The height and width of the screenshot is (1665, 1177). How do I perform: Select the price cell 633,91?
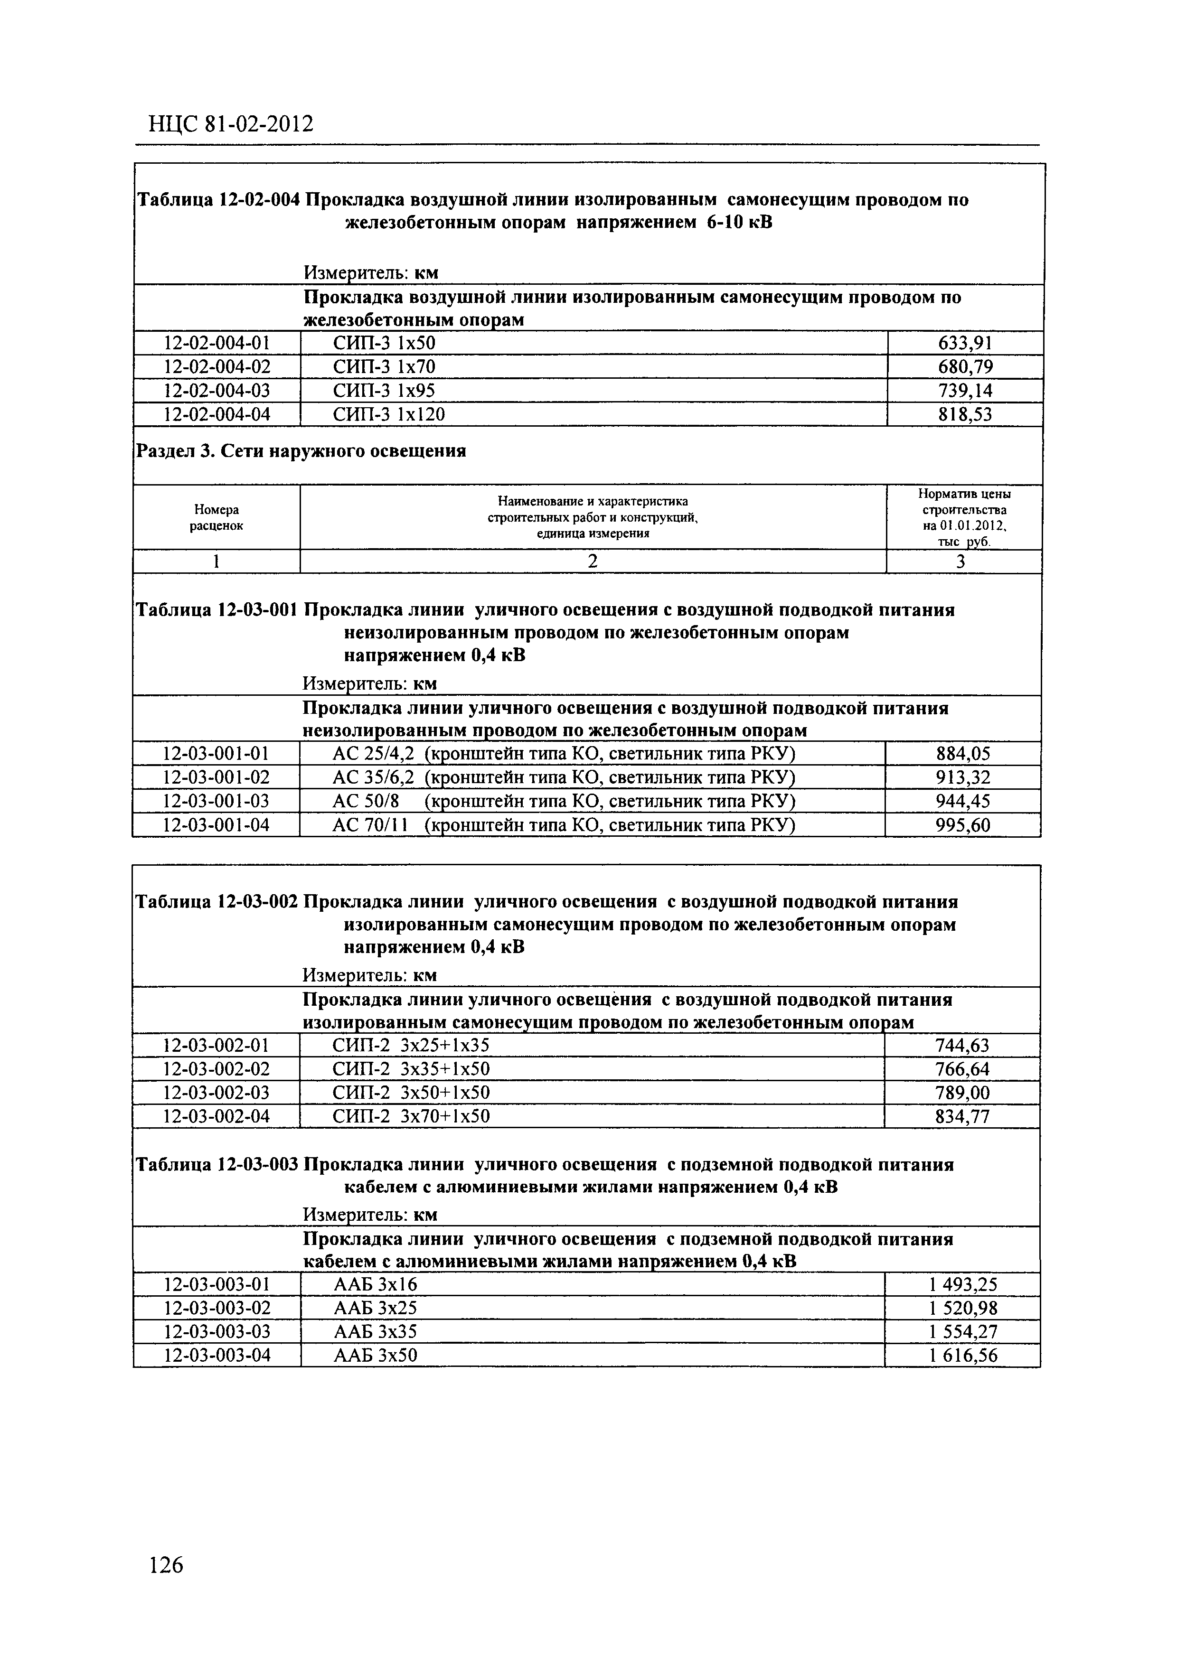pos(964,343)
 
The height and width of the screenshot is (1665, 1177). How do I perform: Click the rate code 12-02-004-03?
pos(217,391)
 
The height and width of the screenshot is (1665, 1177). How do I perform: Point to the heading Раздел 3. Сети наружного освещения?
pos(301,451)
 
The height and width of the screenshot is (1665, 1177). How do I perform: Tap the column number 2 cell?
pos(593,561)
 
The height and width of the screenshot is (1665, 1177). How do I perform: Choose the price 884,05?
pos(963,754)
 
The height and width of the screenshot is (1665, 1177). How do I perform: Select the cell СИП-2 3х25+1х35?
pos(411,1045)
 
